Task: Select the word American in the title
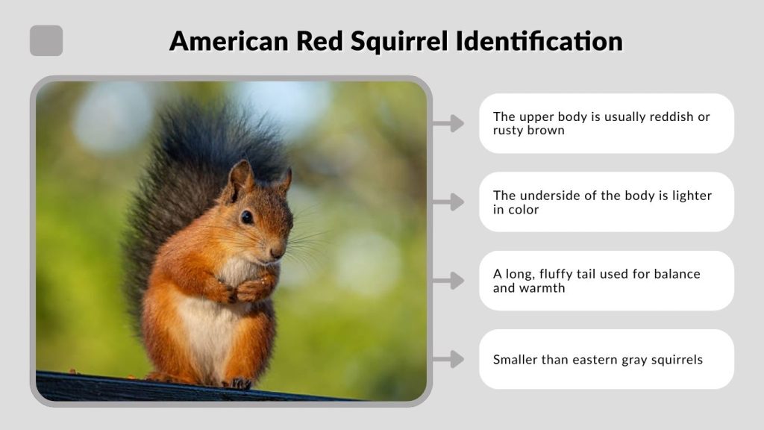click(228, 40)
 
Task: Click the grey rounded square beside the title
click(46, 40)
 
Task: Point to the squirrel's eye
click(246, 216)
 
